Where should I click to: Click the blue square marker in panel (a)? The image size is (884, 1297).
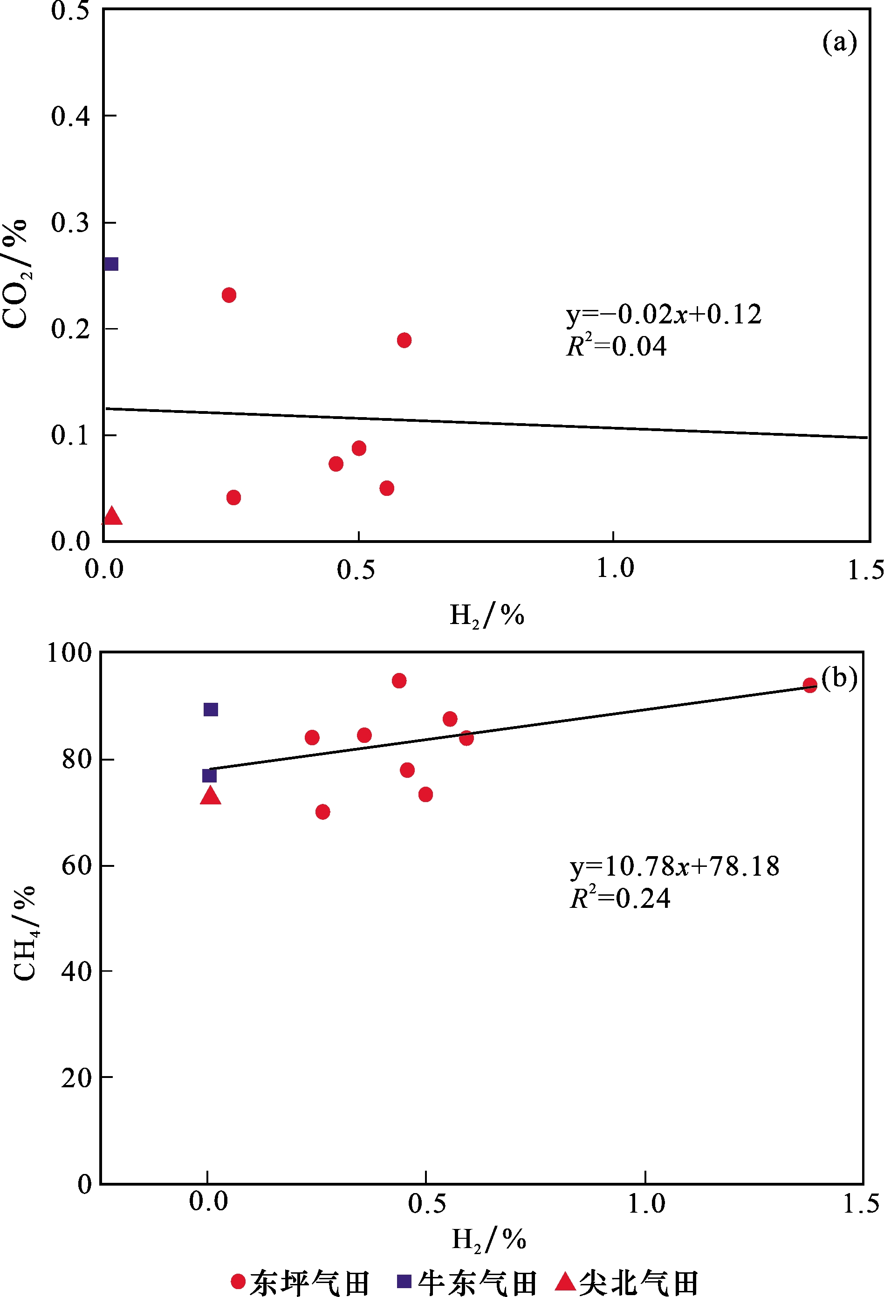[111, 264]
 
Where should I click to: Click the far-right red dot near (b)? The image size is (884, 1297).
[810, 686]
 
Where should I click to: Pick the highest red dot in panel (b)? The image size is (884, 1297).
[399, 681]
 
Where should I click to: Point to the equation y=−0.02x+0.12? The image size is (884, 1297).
[664, 315]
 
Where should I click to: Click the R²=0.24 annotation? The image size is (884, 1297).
[620, 899]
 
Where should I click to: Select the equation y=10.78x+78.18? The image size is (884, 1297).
[674, 867]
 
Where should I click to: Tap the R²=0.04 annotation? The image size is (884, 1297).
[616, 347]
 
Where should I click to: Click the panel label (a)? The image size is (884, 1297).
[839, 42]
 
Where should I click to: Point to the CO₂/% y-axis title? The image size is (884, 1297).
[16, 274]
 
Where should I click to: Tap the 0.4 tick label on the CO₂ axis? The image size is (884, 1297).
[70, 117]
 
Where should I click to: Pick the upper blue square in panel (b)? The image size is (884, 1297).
[210, 709]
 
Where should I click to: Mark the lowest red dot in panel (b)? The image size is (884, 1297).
[322, 811]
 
